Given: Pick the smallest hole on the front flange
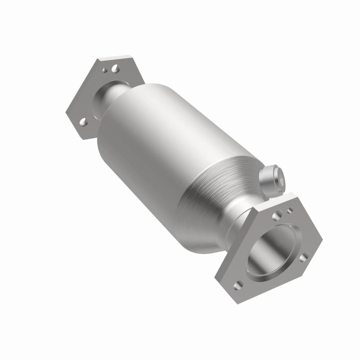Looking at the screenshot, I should click(290, 210).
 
